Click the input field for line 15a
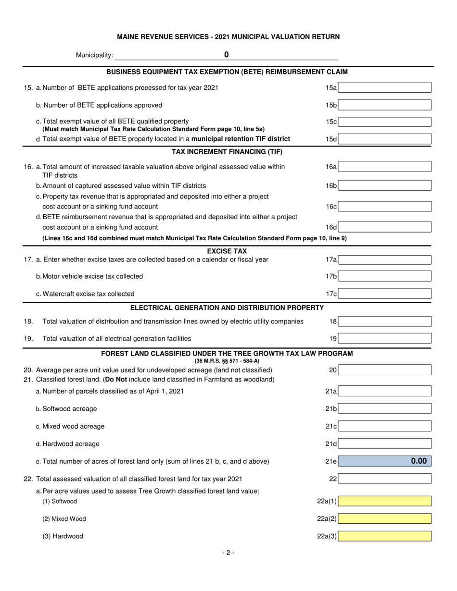[386, 87]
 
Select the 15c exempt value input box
[386, 122]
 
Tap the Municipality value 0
[226, 55]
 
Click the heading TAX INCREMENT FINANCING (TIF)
[227, 152]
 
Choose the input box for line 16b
[386, 185]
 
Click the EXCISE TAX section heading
[227, 251]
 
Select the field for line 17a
[386, 260]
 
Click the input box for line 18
[386, 321]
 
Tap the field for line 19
[386, 339]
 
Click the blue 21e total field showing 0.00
[386, 461]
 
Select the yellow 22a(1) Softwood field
[386, 501]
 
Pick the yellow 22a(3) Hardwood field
[386, 536]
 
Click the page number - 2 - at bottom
[228, 553]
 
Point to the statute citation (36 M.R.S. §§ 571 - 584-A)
[227, 361]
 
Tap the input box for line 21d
[386, 443]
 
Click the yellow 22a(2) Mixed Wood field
[386, 519]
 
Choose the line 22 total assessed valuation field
[386, 479]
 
